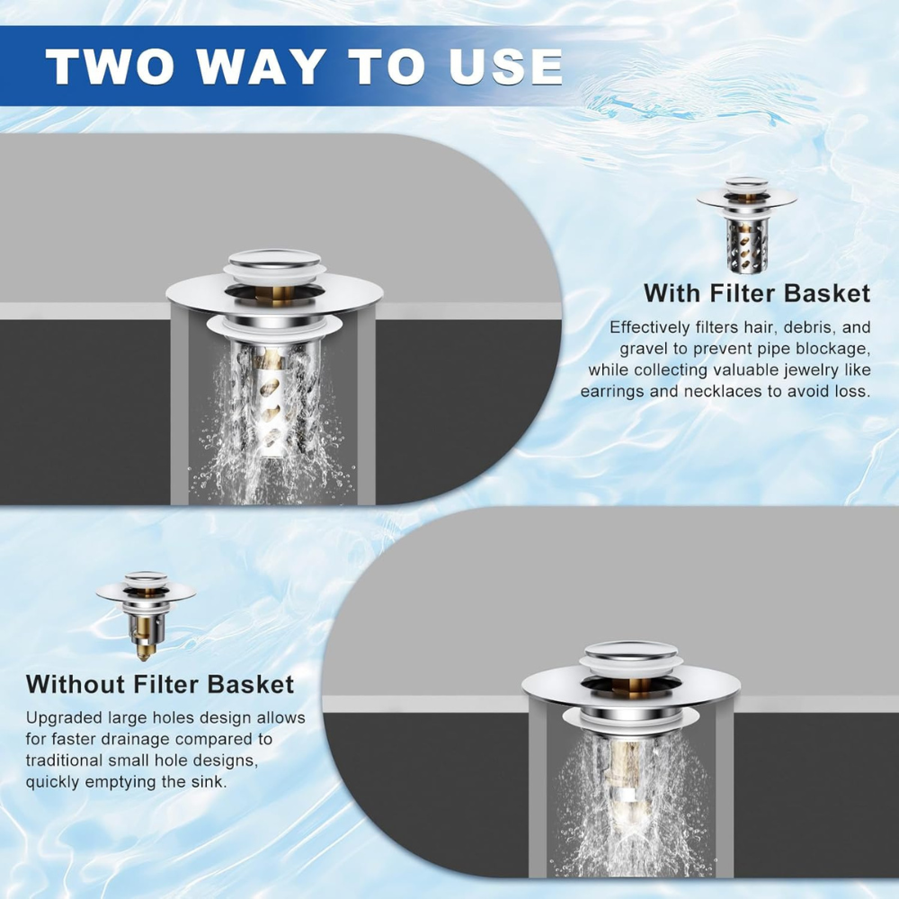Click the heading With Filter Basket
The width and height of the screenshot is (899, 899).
click(x=757, y=293)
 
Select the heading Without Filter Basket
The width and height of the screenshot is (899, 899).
click(x=160, y=684)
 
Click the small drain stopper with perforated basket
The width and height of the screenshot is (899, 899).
click(x=746, y=226)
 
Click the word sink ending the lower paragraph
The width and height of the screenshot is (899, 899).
click(x=207, y=782)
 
